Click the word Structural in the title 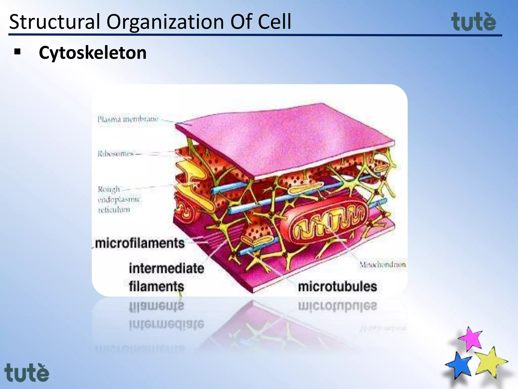[54, 22]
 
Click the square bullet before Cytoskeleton [17, 52]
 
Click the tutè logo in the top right [473, 22]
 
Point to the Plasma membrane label [128, 119]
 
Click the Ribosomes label [116, 153]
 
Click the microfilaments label [140, 243]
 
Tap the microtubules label [337, 287]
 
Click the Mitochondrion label [382, 265]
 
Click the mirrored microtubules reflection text [337, 306]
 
